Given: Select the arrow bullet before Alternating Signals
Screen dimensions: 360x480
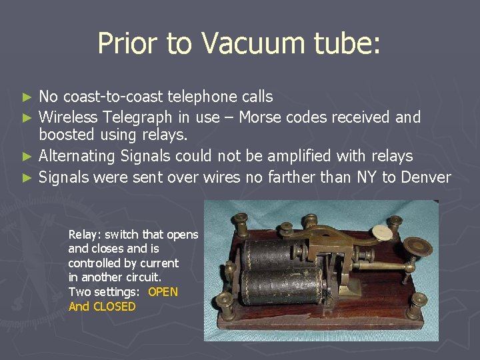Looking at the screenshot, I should [27, 157].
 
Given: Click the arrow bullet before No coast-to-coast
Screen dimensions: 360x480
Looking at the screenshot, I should [27, 97].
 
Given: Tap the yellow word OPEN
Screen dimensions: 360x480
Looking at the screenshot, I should [163, 292].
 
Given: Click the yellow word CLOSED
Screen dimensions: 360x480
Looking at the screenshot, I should [114, 307].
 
